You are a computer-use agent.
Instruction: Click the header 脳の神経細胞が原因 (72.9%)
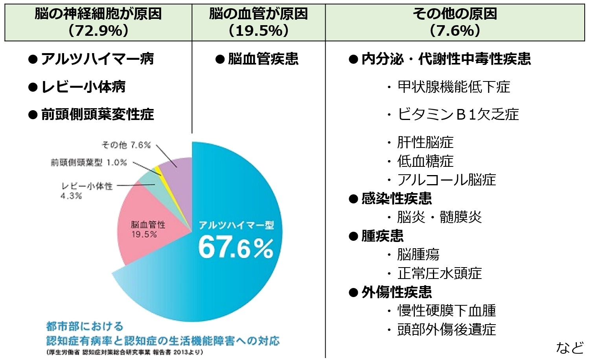pos(98,22)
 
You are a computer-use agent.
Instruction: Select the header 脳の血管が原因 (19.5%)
pos(258,22)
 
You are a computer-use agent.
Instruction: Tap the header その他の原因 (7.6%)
pos(455,22)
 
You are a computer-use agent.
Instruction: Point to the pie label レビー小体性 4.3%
pos(87,190)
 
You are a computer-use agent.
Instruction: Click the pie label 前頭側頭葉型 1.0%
pos(89,162)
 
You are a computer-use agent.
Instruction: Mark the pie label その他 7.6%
pos(126,145)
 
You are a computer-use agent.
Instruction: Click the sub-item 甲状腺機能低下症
pos(453,87)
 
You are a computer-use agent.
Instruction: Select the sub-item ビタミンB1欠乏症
pos(458,114)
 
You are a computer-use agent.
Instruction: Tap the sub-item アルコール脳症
pos(446,180)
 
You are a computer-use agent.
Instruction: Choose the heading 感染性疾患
pos(396,198)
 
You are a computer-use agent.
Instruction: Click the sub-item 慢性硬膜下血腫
pos(446,310)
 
